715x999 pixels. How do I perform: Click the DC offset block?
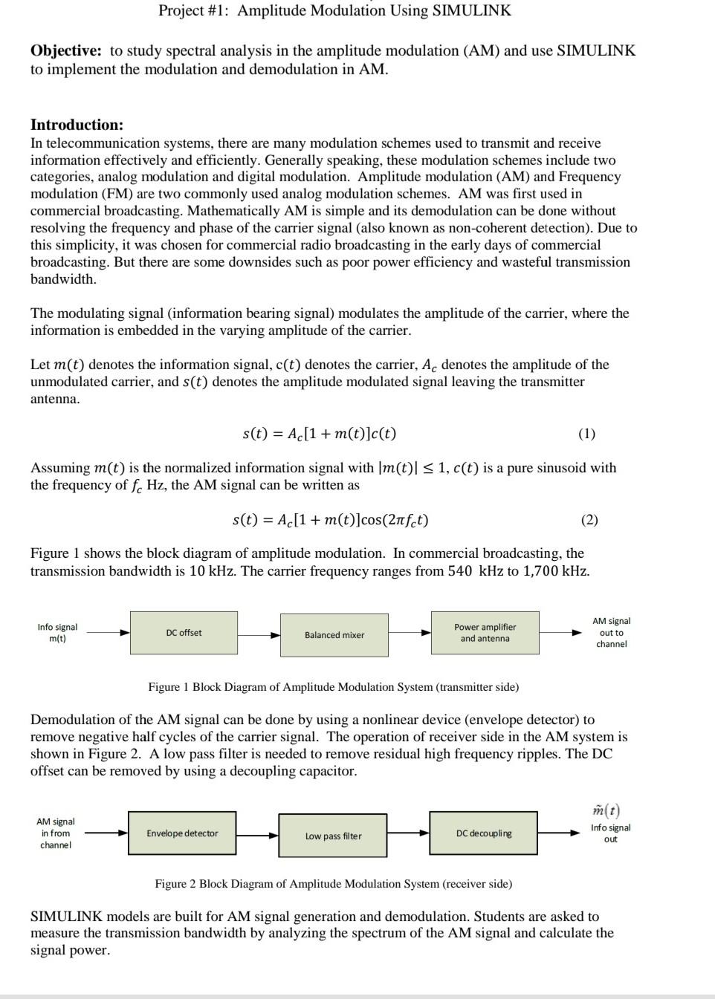coord(184,633)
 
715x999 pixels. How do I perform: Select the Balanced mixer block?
coord(334,635)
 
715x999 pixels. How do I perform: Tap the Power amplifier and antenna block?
coord(485,633)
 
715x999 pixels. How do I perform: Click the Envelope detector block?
coord(182,833)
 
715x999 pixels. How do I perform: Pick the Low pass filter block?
coord(333,836)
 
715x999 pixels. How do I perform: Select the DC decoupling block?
coord(483,833)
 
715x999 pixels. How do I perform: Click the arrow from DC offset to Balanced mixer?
coord(259,635)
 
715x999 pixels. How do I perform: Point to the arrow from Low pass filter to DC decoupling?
coord(408,833)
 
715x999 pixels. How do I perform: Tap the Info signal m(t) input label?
coord(57,633)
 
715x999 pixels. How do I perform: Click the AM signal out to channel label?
coord(611,632)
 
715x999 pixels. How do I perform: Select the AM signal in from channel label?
coord(56,833)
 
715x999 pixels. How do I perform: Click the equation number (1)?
coord(586,434)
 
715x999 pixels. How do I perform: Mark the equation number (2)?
coord(589,520)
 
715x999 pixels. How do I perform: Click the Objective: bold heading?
coord(66,51)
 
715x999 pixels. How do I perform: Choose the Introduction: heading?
coord(77,125)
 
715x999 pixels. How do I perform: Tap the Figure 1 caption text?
coord(333,687)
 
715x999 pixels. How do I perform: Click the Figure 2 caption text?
coord(333,884)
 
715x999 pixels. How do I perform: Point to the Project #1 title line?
coord(334,10)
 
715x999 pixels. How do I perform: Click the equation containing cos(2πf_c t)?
coord(330,520)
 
